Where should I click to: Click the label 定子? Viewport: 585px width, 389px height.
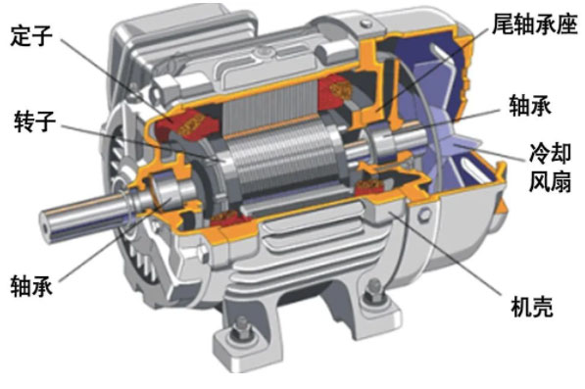pyautogui.click(x=31, y=35)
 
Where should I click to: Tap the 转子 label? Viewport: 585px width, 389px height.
pyautogui.click(x=34, y=122)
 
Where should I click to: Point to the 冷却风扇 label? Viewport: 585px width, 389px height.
pyautogui.click(x=550, y=168)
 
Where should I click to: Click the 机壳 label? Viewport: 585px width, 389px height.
pyautogui.click(x=532, y=307)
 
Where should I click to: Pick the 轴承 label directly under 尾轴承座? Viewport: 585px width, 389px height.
pyautogui.click(x=530, y=106)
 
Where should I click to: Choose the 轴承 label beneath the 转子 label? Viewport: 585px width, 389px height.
pyautogui.click(x=31, y=286)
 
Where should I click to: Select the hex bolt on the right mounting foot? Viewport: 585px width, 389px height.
pyautogui.click(x=373, y=289)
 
